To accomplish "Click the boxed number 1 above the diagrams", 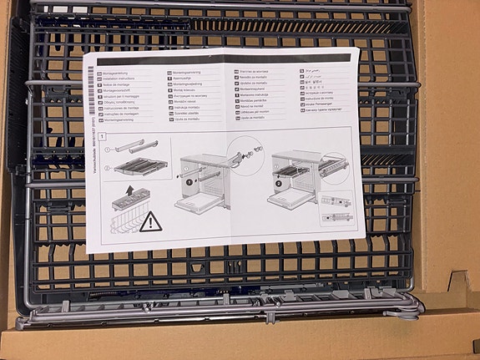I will [x=102, y=135].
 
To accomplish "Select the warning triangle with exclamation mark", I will [x=151, y=221].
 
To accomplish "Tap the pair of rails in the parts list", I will [x=134, y=148].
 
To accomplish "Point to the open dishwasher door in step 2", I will [x=295, y=202].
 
